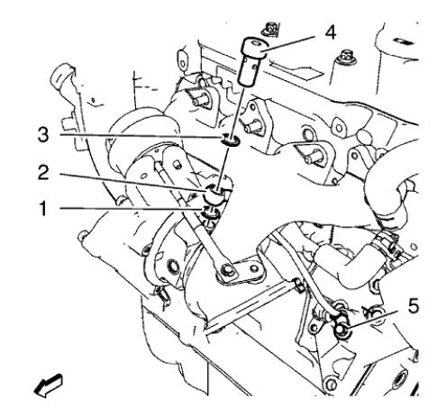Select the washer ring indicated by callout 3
(232, 139)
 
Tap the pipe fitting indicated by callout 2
(218, 195)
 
